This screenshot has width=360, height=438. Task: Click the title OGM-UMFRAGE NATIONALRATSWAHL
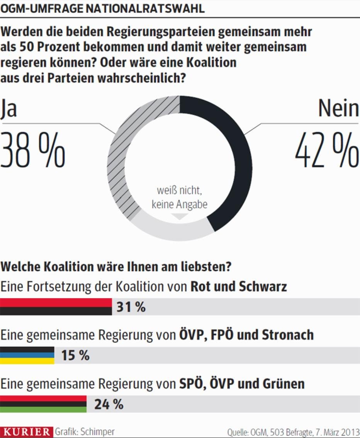(x=102, y=8)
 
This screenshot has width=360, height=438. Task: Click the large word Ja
(x=9, y=109)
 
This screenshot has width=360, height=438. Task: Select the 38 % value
(x=32, y=151)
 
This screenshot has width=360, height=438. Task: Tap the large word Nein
(x=338, y=109)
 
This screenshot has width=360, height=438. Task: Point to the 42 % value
(x=327, y=151)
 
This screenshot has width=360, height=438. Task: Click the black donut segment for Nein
(x=232, y=154)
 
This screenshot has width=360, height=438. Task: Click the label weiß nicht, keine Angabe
(x=180, y=197)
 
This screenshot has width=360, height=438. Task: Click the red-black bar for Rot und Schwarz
(x=56, y=307)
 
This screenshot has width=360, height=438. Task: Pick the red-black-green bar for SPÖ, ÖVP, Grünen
(x=43, y=404)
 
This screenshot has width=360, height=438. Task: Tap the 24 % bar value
(x=109, y=404)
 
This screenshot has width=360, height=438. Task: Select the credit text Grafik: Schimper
(x=85, y=431)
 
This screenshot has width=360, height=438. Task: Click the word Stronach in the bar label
(x=288, y=335)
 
